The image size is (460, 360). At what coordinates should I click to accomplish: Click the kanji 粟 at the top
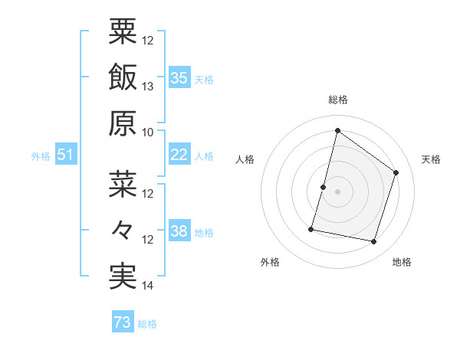[x=123, y=31]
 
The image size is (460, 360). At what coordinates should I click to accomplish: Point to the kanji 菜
[x=123, y=185]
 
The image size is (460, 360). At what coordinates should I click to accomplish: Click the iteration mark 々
[x=123, y=231]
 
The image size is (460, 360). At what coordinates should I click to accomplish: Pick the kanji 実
[x=123, y=277]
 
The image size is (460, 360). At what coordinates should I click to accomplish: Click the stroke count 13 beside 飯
[x=148, y=87]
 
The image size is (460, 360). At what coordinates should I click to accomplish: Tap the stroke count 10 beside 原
[x=148, y=132]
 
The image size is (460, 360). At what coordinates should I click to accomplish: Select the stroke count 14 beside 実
[x=148, y=286]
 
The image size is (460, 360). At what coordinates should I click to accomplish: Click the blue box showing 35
[x=179, y=77]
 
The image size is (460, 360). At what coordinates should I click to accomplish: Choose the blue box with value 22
[x=179, y=155]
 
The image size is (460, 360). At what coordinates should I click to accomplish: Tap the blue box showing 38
[x=179, y=231]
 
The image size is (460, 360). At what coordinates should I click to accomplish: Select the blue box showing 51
[x=65, y=155]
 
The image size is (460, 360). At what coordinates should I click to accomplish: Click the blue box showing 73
[x=122, y=323]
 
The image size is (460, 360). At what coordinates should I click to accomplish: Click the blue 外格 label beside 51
[x=41, y=155]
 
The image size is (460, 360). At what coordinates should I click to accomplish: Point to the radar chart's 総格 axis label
[x=337, y=100]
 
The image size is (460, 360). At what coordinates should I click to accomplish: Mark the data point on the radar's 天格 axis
[x=396, y=172]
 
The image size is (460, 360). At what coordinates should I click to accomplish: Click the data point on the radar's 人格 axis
[x=323, y=187]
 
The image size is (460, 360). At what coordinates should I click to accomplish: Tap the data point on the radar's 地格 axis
[x=374, y=242]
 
